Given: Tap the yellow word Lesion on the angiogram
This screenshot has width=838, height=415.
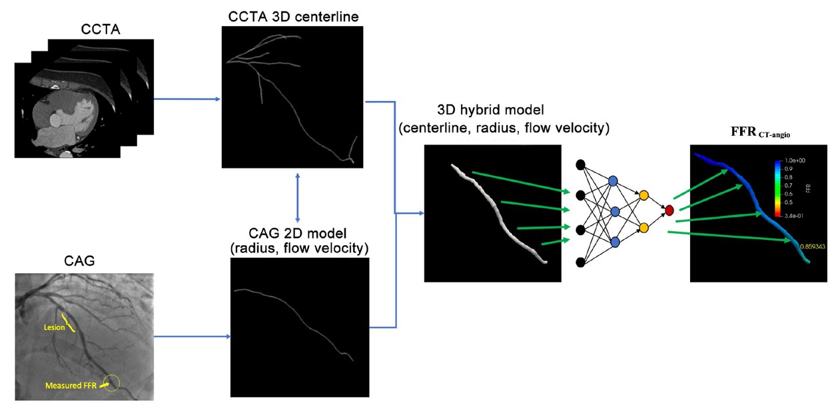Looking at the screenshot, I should tap(55, 327).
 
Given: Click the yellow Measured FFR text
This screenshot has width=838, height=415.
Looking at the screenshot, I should tap(71, 386).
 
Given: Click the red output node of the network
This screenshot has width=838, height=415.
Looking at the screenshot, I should tap(669, 210).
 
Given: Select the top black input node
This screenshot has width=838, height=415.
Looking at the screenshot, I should tap(580, 165).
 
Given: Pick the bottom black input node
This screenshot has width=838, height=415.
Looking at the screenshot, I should tap(580, 261).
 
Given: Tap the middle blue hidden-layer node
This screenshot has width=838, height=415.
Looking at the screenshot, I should tap(615, 211).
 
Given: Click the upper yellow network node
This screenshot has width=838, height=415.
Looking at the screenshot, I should tap(643, 195).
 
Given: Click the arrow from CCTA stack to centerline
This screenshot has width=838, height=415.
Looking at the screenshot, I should tap(187, 99).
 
